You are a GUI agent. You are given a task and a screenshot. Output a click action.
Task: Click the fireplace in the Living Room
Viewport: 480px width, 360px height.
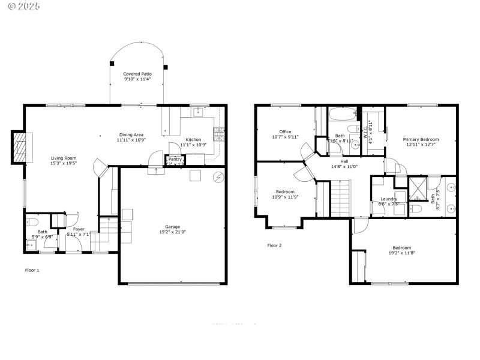click(x=20, y=146)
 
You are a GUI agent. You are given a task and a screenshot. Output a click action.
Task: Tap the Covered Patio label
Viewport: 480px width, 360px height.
click(x=137, y=73)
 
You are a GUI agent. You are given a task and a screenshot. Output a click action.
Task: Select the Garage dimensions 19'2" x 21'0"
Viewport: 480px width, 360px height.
click(x=172, y=232)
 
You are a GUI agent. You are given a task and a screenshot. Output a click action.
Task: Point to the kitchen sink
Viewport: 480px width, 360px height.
click(x=199, y=112)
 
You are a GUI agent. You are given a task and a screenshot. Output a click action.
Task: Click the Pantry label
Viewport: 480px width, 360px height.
click(x=175, y=159)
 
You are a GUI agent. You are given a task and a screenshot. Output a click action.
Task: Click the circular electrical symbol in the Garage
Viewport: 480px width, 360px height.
click(x=219, y=176)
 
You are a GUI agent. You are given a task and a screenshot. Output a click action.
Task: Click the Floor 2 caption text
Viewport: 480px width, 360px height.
click(x=274, y=245)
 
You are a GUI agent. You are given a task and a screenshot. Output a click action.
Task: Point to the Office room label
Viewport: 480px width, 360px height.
click(x=285, y=131)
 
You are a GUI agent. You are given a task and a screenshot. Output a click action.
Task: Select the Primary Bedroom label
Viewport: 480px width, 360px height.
click(x=421, y=139)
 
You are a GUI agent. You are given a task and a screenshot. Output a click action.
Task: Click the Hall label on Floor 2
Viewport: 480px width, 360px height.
click(x=344, y=161)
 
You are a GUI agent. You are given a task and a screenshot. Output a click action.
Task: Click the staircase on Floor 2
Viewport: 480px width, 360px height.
click(x=340, y=200)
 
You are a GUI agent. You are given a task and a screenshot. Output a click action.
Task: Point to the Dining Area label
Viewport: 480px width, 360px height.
click(x=130, y=135)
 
